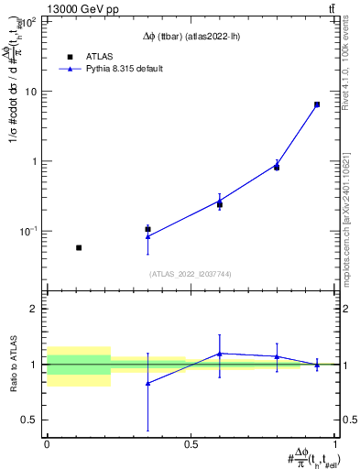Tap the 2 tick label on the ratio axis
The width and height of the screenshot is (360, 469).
click(x=36, y=310)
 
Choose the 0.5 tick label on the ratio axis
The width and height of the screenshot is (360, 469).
click(x=31, y=420)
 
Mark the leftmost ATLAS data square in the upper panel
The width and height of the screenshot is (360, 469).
click(x=79, y=247)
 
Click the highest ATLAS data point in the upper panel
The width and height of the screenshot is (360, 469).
click(x=317, y=104)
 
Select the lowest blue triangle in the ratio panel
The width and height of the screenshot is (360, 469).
click(x=147, y=383)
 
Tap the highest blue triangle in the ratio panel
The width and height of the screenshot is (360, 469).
click(x=220, y=354)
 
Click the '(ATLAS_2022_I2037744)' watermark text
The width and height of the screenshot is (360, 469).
click(x=190, y=274)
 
